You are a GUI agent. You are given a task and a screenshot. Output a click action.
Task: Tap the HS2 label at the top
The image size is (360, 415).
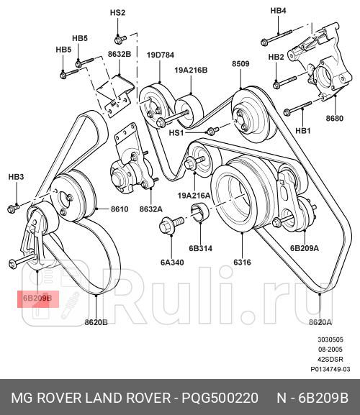coord(117,14)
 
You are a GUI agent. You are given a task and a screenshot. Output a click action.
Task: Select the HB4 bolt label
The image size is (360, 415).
coord(278,11)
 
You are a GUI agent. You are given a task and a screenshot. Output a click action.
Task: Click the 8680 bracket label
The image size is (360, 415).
coord(335,117)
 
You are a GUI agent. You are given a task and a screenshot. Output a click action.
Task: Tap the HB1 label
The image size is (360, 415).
coord(302,131)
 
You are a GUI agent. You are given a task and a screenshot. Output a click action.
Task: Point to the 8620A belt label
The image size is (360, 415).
coord(320,323)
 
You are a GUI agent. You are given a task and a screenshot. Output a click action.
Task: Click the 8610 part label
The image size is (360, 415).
coord(119,209)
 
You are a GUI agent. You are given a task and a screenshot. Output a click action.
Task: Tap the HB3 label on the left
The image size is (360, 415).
coord(16,177)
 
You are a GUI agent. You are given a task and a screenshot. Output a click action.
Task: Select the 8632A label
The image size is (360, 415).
coord(150,209)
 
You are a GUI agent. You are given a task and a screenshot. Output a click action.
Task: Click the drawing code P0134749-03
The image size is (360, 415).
coord(330,369)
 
